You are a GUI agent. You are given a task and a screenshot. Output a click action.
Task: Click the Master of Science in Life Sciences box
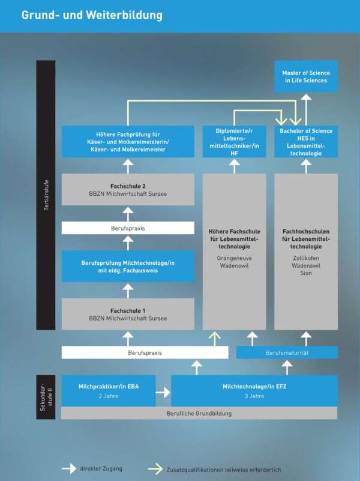point(306,76)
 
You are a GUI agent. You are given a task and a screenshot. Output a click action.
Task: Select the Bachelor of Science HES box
point(306,142)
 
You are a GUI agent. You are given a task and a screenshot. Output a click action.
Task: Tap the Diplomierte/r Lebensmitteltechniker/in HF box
point(234,142)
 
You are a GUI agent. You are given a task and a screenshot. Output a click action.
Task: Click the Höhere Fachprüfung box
point(128,142)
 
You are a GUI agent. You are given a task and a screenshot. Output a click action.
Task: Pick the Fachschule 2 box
point(128,190)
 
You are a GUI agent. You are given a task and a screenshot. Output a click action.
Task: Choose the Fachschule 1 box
point(128,314)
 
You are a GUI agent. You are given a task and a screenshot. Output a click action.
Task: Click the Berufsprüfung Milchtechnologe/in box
point(128,267)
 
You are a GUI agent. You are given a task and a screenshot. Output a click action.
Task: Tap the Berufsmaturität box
point(287,352)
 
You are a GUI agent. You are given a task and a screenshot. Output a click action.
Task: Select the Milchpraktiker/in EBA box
point(108,391)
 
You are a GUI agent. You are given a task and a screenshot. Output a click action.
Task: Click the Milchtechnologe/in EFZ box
point(254,391)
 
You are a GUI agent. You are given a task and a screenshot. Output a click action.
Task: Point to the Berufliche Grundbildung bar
point(199,413)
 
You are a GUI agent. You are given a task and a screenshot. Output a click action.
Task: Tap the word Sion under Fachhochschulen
point(306,273)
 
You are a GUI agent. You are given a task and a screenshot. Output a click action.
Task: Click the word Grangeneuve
point(234,256)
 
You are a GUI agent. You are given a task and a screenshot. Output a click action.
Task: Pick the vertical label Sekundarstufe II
point(46,396)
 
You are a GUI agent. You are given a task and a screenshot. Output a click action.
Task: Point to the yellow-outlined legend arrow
point(155,469)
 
